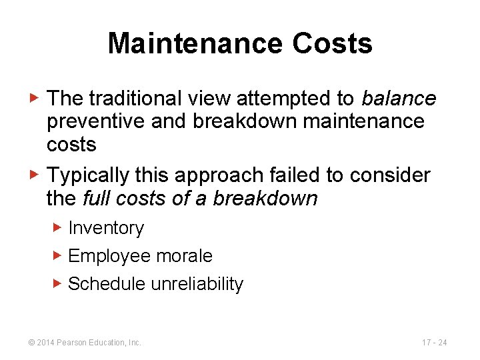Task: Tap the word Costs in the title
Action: (331, 44)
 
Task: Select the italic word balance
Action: (399, 99)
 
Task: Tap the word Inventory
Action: (106, 228)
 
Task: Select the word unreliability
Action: (197, 284)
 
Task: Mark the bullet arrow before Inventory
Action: (57, 227)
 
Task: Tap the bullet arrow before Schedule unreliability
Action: (57, 283)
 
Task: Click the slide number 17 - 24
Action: (434, 343)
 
